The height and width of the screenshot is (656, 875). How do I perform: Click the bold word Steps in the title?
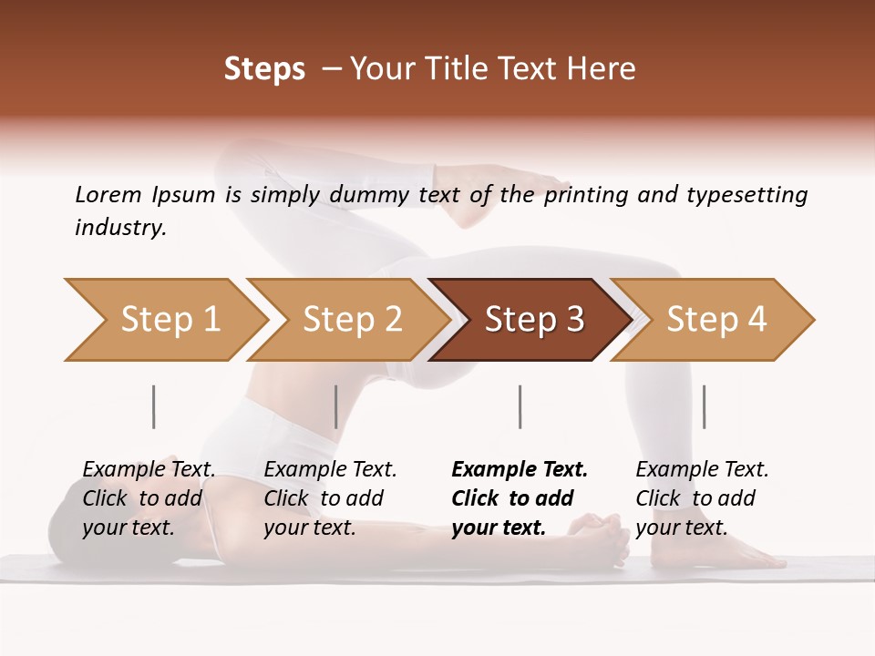point(264,69)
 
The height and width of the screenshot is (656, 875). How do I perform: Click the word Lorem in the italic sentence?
point(108,194)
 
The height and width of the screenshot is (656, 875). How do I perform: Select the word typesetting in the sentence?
point(743,195)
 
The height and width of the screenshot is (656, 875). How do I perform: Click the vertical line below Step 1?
point(153,406)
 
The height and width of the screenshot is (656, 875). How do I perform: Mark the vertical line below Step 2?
point(336,406)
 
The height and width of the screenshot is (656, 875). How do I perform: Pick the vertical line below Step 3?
point(520,406)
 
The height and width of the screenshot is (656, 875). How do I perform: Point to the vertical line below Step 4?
point(704,406)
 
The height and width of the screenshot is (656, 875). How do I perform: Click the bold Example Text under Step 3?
point(520,470)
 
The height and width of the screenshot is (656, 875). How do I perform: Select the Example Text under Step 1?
point(149,470)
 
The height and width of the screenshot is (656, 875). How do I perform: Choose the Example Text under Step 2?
point(330,470)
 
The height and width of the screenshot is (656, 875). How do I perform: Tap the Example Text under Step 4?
point(702,470)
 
